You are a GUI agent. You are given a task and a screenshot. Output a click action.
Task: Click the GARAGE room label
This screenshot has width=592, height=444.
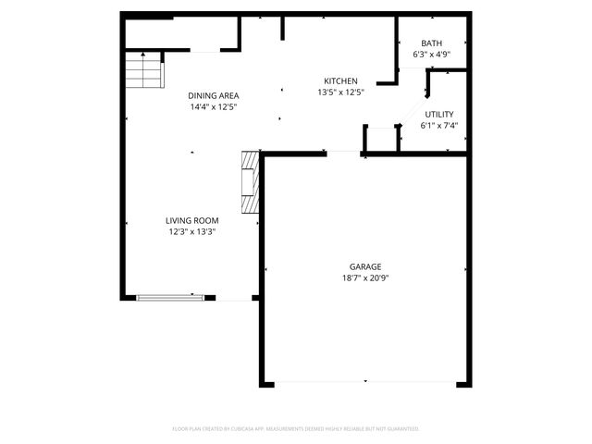click(x=364, y=265)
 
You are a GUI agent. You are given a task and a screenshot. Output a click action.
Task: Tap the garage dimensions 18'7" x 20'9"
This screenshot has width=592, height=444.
click(x=364, y=277)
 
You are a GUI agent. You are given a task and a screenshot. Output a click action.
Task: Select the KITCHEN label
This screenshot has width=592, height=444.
click(x=340, y=80)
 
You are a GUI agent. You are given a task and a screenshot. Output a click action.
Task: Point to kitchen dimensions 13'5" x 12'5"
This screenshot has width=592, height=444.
click(x=340, y=92)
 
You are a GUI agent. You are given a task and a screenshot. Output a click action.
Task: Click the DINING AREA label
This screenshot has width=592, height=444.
click(x=214, y=95)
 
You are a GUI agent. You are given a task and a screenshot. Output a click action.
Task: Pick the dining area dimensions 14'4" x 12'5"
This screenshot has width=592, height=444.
click(x=214, y=107)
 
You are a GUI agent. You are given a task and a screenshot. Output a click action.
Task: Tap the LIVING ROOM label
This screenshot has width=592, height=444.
click(x=192, y=220)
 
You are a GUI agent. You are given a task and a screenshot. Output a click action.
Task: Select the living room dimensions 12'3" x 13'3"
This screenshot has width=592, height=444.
click(x=192, y=232)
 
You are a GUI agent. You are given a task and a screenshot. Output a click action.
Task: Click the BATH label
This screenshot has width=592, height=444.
click(x=432, y=43)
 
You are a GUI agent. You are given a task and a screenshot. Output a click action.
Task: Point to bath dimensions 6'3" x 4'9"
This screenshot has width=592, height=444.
click(x=432, y=55)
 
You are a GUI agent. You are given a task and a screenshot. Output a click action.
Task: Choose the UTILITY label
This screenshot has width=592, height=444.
click(x=439, y=113)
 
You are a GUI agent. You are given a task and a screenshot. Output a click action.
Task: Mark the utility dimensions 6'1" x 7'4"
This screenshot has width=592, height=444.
click(x=439, y=125)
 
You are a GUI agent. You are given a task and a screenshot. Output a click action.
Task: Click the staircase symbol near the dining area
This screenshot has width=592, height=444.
click(x=143, y=70)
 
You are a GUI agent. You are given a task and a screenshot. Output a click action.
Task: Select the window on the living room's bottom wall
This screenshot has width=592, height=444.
click(x=170, y=298)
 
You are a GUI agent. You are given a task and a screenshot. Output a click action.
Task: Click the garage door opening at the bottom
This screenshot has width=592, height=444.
click(x=365, y=382)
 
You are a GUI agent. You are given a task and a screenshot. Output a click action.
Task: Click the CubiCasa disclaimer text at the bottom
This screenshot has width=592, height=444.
click(x=296, y=429)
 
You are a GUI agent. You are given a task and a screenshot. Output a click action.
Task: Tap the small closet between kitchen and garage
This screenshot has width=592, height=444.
click(x=381, y=139)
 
